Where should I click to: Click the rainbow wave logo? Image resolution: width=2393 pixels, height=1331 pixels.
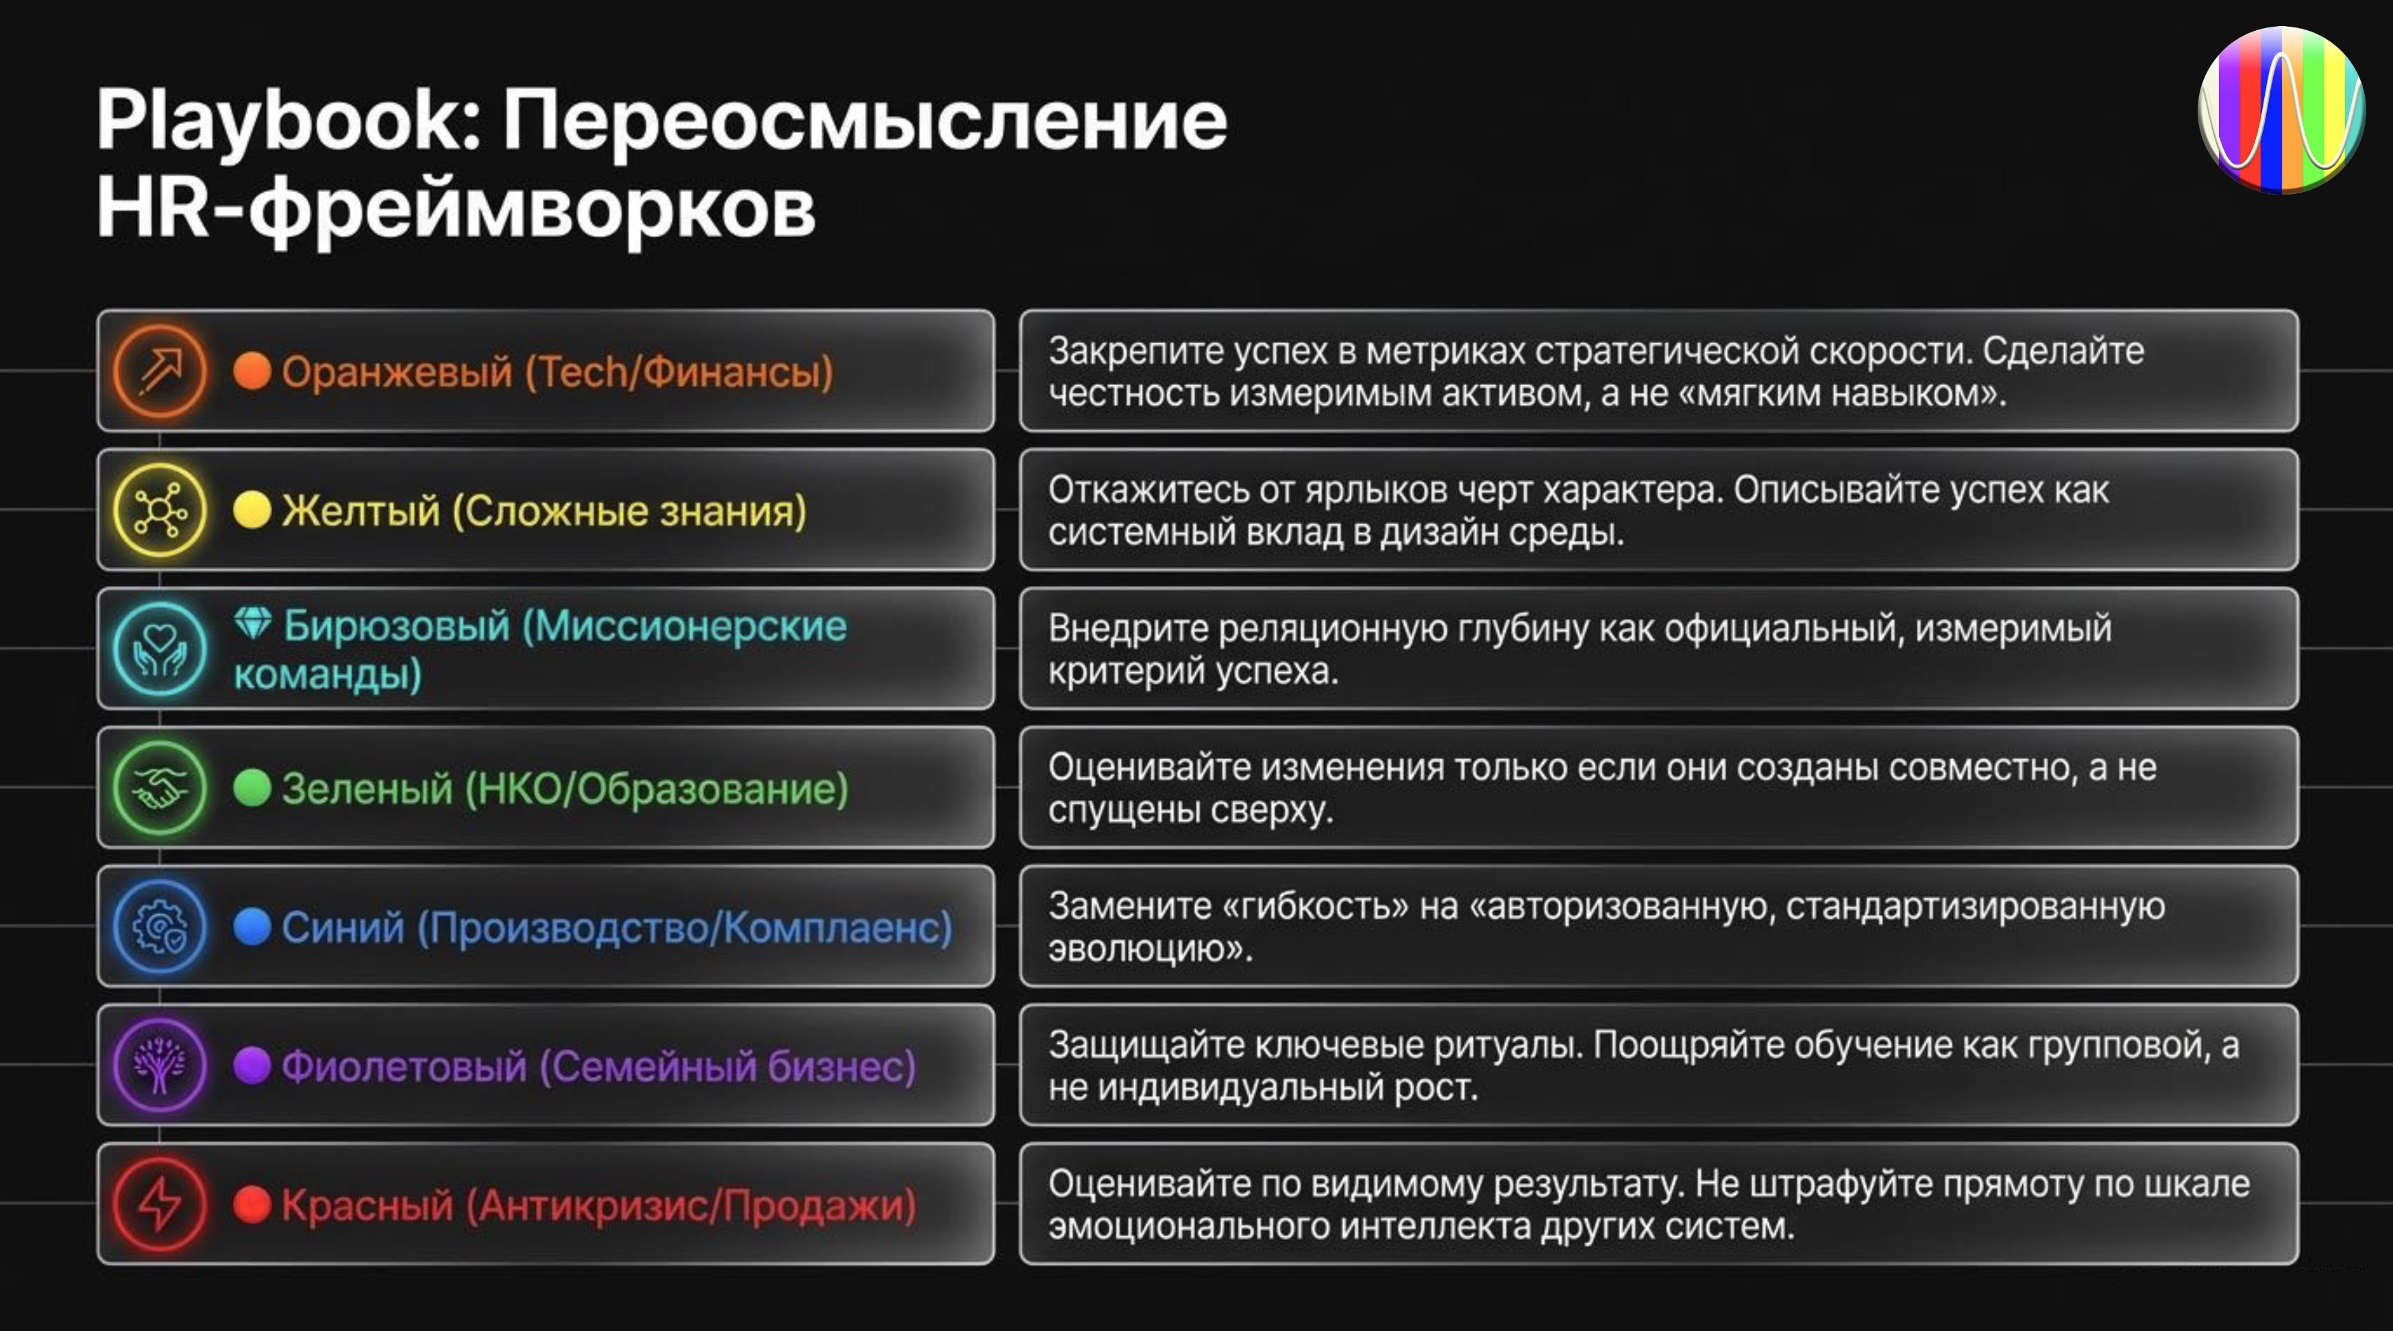coord(2281,110)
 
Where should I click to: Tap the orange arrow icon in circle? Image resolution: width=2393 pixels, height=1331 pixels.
coord(160,371)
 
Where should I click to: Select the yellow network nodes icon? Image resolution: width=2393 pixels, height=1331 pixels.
coord(160,510)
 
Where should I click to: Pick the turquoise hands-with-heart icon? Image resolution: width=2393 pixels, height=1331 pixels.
coord(160,648)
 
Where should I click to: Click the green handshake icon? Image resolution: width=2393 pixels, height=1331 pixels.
coord(160,787)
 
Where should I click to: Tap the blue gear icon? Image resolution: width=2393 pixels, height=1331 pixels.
coord(160,926)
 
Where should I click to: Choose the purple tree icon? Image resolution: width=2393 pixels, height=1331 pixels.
coord(160,1065)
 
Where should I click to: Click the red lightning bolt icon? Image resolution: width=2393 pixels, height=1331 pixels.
coord(160,1204)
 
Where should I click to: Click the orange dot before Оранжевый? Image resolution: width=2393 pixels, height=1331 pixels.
coord(251,371)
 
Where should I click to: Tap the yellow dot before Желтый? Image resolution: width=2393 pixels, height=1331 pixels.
coord(251,510)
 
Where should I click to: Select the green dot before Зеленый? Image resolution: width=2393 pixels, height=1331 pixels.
coord(251,787)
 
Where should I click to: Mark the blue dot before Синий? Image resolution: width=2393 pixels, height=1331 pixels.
coord(251,926)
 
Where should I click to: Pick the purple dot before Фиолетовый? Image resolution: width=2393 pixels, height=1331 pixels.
coord(251,1065)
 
